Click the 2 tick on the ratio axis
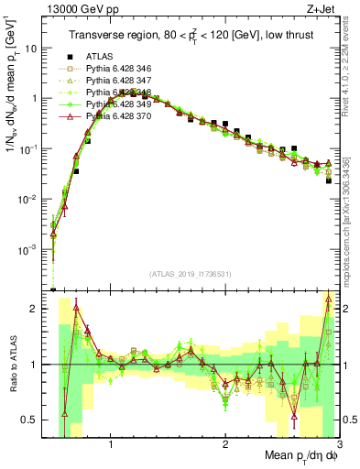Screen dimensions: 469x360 [x=35, y=309]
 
